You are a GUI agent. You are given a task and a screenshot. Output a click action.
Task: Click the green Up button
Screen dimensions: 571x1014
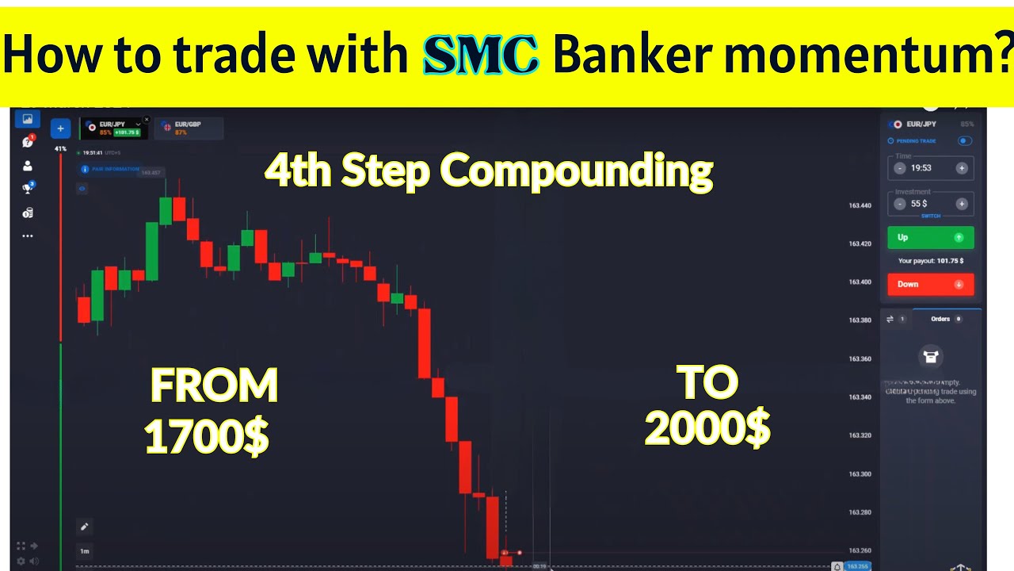930,237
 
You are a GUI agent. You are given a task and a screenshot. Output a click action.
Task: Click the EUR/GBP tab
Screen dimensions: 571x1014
188,127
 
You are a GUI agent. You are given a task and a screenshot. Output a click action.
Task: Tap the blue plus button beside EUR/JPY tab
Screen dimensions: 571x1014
60,128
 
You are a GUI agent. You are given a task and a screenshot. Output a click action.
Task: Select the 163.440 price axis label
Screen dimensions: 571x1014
860,205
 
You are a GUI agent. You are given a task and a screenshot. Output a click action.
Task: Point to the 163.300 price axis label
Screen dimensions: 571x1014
860,473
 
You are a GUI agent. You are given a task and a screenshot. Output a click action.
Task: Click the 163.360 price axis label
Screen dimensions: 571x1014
860,358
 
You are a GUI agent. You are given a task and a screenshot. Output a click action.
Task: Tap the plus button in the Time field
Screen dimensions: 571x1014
961,168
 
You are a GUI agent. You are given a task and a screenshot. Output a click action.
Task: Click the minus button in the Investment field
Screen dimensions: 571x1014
900,204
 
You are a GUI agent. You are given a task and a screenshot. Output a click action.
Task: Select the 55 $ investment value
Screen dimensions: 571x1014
919,204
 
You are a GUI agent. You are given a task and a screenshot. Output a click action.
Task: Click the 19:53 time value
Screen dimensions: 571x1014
921,168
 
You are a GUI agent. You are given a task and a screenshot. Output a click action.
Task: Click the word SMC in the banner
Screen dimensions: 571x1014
481,55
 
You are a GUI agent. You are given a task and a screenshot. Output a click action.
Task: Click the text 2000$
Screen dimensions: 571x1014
707,429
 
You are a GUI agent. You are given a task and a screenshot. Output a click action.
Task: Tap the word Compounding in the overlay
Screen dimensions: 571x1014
576,171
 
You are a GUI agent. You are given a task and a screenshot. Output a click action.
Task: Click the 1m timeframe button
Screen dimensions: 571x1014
84,550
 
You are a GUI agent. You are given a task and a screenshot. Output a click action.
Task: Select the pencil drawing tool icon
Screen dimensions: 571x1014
84,526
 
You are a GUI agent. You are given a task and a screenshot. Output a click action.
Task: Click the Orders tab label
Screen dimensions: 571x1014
940,319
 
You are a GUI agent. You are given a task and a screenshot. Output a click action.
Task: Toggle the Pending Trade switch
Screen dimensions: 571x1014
964,140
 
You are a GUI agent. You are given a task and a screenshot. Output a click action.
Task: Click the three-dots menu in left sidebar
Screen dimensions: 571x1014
28,236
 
